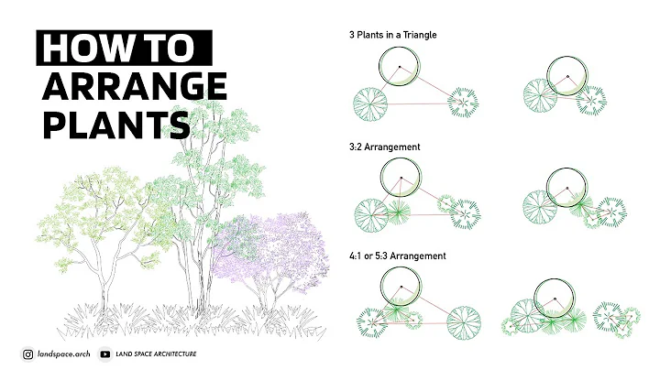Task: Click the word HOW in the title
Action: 81,48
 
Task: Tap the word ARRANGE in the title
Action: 134,86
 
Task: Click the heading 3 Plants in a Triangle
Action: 392,35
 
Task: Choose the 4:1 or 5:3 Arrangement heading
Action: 397,256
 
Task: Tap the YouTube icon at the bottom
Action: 105,354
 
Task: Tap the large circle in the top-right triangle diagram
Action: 567,76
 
